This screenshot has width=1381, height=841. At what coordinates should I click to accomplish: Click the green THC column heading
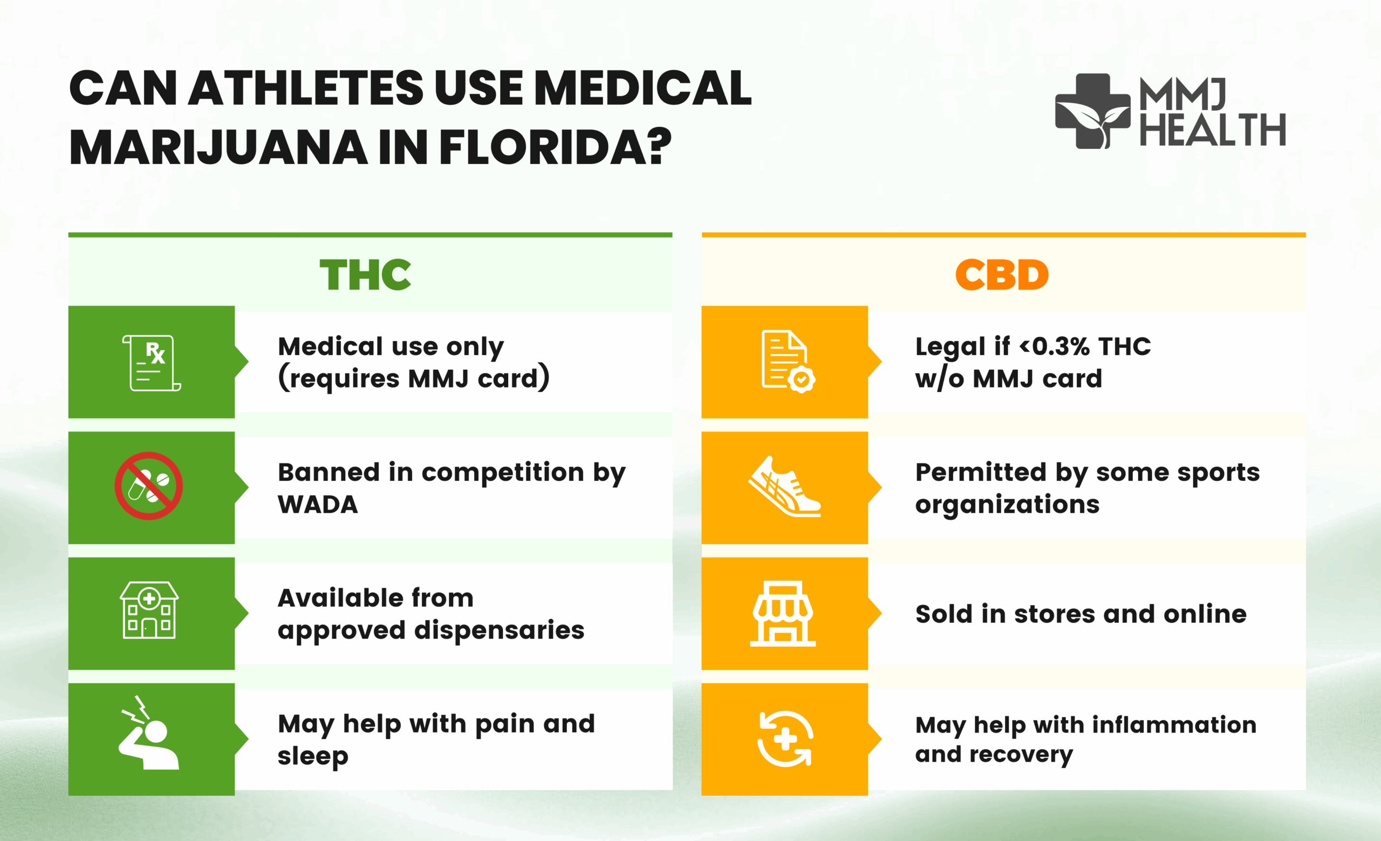pos(365,275)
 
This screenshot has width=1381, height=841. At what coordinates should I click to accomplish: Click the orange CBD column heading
pos(1002,275)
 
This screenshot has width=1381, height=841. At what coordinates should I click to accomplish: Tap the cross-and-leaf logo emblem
pos(1092,111)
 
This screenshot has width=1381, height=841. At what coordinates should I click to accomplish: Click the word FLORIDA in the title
pos(555,147)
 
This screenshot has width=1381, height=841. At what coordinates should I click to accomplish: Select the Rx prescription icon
pos(152,363)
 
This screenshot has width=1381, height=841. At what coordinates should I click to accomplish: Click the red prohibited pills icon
pos(148,485)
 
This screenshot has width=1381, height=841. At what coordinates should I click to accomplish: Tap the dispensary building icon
pos(149,610)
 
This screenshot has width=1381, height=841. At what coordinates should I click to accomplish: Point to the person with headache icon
pos(148,733)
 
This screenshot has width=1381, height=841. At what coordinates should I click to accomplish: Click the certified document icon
pos(788,362)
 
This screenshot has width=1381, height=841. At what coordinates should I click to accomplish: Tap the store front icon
pos(783,613)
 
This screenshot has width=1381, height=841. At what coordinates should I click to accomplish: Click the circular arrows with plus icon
pos(785,738)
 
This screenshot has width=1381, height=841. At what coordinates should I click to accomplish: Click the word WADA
pos(318,505)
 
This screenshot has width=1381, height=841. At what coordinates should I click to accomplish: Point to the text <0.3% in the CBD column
pos(1055,347)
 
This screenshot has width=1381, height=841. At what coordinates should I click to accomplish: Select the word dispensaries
pos(500,630)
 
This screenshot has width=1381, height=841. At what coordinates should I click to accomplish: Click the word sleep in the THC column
pos(313,756)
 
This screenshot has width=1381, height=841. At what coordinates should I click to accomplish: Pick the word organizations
pos(1007,505)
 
